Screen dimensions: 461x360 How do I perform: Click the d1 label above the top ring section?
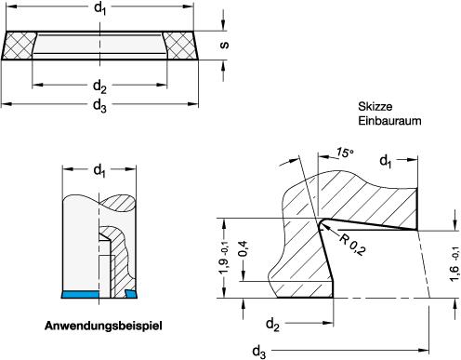(x=99, y=8)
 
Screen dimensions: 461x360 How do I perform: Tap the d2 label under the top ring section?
(x=99, y=87)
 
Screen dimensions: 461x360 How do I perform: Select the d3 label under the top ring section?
(x=99, y=105)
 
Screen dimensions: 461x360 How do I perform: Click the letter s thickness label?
(x=224, y=45)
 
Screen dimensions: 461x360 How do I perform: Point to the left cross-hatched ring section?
(x=20, y=46)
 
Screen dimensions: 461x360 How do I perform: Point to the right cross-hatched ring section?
(x=180, y=46)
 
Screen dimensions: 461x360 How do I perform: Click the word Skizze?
(x=375, y=106)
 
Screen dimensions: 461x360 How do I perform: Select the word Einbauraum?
(x=389, y=121)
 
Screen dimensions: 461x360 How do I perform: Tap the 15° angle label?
(x=345, y=153)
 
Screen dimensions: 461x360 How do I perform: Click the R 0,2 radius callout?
(x=352, y=245)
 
